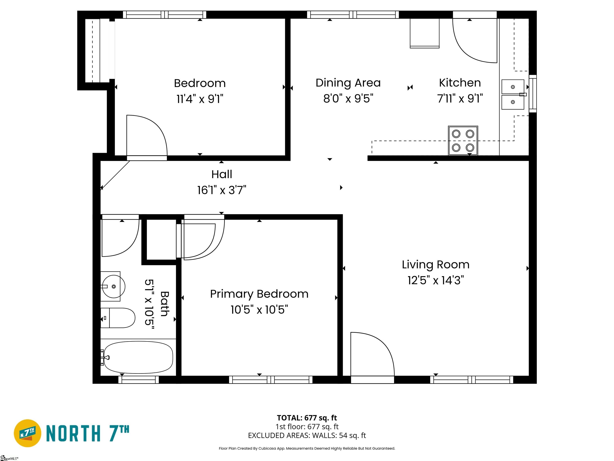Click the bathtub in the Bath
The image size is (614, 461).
coord(139,357)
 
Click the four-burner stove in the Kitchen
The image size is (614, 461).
coord(463,141)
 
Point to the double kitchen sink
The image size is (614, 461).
coord(513,94)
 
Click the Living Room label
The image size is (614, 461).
coord(436,265)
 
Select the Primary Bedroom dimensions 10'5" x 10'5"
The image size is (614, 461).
coord(259,310)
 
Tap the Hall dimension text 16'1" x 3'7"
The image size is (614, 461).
coord(221,190)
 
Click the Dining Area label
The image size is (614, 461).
coord(348,83)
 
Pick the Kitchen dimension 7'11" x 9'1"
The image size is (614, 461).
coord(460,98)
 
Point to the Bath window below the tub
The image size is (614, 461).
coord(139,380)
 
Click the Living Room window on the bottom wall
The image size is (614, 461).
coord(472,380)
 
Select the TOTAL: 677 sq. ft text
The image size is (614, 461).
coord(307,418)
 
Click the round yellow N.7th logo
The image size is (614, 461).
coord(27,433)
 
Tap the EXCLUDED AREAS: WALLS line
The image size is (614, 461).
coord(307,435)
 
